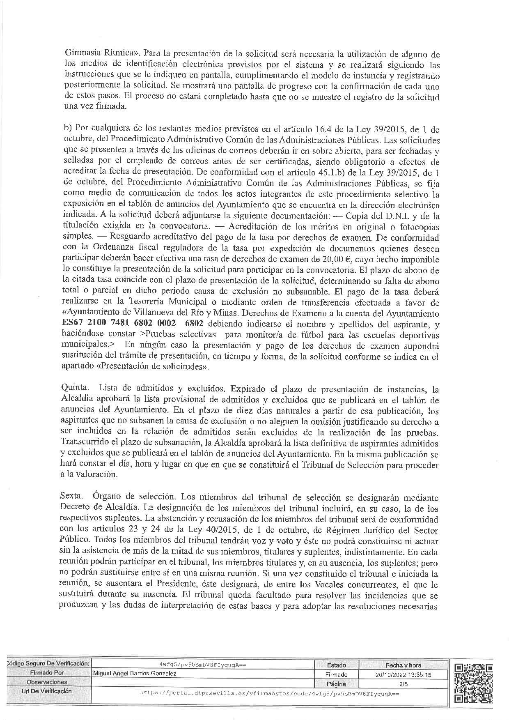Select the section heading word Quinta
coord(74,388)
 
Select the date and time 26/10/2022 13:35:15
coord(403,674)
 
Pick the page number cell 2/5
coord(403,683)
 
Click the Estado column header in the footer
coord(336,665)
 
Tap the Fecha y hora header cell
coord(403,665)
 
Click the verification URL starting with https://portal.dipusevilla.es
coord(270,693)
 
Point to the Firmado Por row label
coord(47,673)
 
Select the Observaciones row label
coord(47,682)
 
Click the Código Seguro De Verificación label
coord(48,664)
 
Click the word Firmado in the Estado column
coord(336,674)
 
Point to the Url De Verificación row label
coord(47,691)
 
